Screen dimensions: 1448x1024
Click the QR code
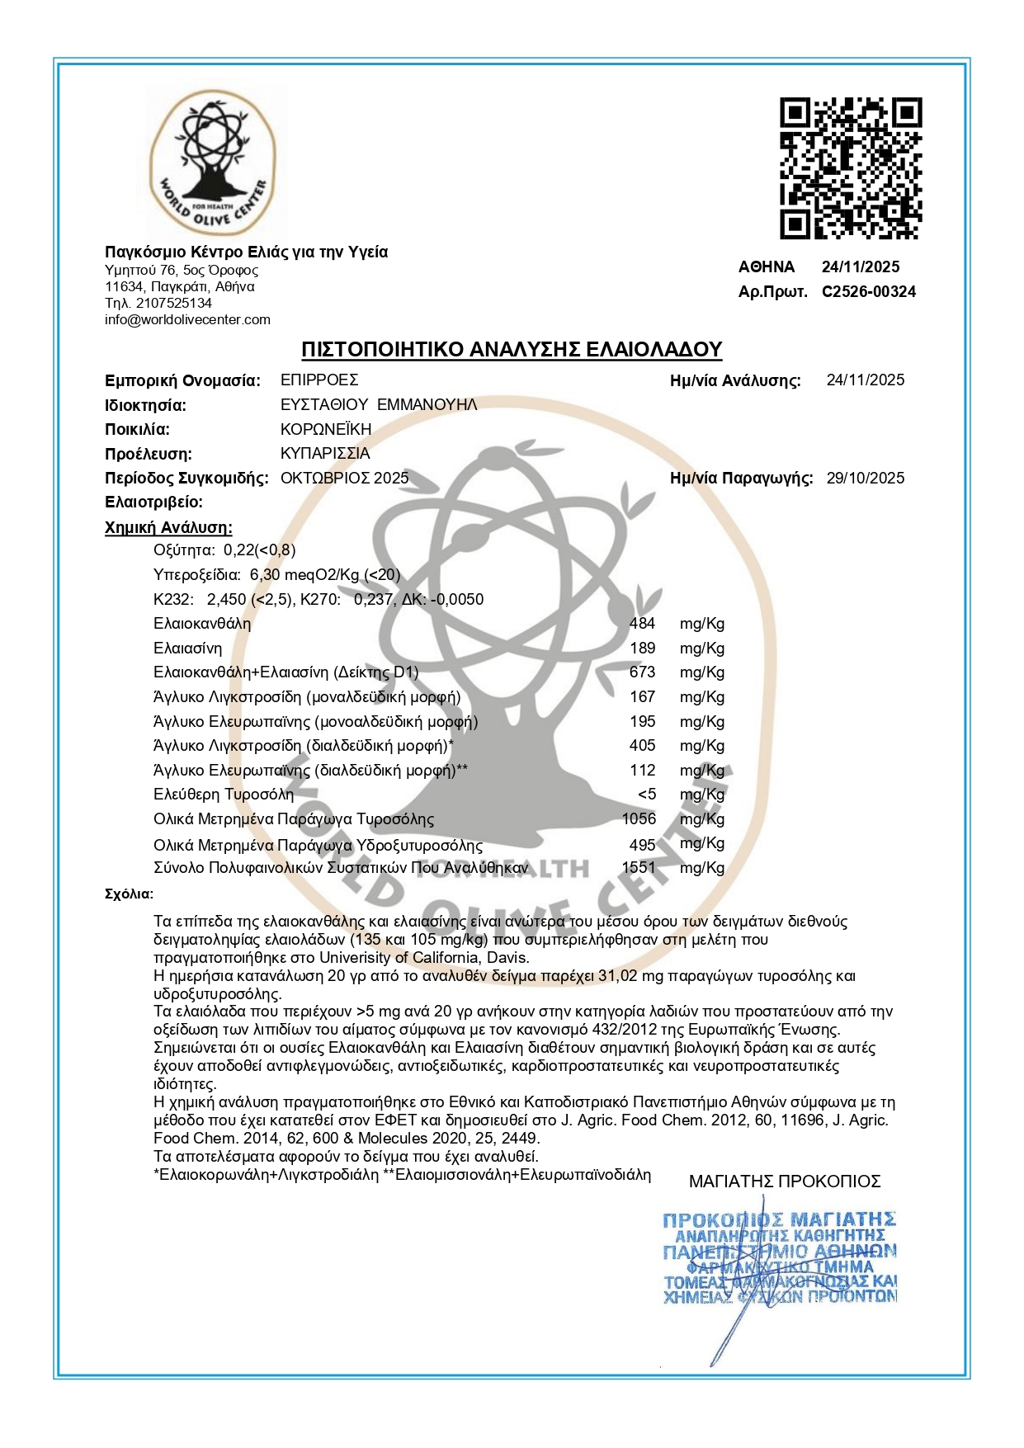[851, 168]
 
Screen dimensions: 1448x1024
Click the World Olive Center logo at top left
[210, 163]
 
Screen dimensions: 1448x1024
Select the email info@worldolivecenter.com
[187, 319]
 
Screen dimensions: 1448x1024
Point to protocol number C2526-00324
[868, 291]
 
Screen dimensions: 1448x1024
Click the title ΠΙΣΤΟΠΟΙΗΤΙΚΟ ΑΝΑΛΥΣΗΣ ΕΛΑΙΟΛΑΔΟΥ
[511, 349]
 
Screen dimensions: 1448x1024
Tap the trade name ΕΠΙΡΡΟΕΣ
[319, 380]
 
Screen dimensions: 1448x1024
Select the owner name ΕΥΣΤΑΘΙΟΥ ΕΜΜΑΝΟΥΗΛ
[379, 404]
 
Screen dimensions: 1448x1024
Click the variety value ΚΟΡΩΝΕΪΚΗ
[326, 429]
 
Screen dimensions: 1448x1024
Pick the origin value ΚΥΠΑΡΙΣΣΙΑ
[325, 453]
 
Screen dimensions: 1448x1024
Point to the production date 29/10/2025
[865, 478]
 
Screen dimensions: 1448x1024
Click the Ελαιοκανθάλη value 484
[642, 624]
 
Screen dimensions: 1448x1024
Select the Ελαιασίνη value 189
[642, 649]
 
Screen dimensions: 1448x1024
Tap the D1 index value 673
[642, 672]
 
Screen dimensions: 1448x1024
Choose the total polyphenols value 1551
[639, 867]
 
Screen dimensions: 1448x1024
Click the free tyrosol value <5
[647, 794]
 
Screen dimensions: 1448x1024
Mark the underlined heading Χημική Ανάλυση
[168, 527]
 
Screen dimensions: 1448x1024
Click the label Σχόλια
[129, 894]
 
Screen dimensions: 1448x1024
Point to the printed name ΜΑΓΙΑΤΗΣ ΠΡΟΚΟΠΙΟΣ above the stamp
[785, 1182]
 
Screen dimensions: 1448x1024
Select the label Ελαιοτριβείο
[153, 502]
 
